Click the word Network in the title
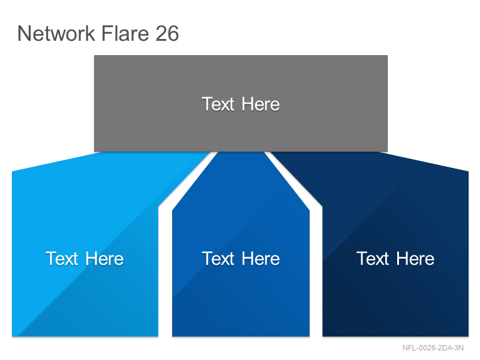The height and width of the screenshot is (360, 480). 56,33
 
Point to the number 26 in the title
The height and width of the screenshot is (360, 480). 167,33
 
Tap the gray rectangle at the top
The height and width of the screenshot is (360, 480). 241,103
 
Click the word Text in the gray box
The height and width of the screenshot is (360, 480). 218,104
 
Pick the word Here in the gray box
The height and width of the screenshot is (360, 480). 260,104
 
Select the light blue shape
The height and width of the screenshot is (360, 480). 85,245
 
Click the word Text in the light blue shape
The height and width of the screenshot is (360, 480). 62,259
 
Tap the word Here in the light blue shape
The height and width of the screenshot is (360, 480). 104,259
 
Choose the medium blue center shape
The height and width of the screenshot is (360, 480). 241,245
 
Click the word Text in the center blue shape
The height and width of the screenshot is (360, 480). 218,259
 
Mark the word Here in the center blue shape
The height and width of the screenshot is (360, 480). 260,259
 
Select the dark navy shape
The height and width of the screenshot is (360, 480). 395,245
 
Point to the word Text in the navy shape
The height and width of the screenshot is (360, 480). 373,259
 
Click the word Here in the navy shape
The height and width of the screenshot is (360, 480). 415,259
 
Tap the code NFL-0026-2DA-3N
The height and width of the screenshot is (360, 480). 433,348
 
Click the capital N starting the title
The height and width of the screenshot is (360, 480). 24,34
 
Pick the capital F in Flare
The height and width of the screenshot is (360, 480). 107,34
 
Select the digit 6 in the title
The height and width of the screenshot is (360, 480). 173,34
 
